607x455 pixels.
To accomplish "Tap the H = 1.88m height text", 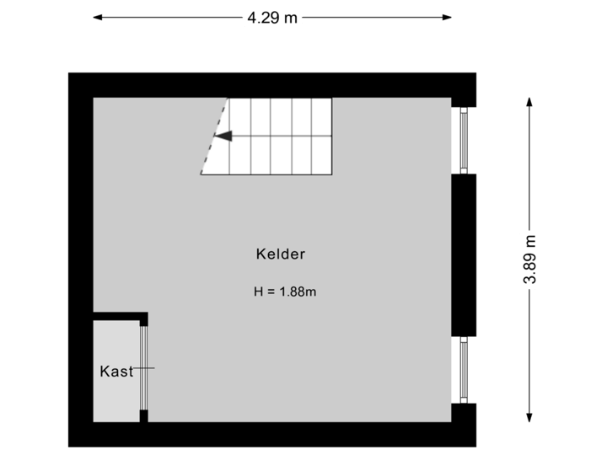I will [284, 292].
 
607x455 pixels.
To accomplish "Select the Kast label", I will [116, 371].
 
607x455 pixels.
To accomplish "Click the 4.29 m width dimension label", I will [272, 17].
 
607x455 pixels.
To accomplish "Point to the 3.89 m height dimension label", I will [530, 260].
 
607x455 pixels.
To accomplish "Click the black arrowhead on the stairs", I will [223, 135].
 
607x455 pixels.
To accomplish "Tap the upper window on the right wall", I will [464, 140].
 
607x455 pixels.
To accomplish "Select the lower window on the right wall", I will [464, 369].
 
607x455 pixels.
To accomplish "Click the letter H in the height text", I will [258, 292].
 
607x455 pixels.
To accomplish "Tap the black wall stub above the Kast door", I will [144, 318].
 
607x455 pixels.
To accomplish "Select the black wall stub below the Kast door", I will [144, 415].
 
